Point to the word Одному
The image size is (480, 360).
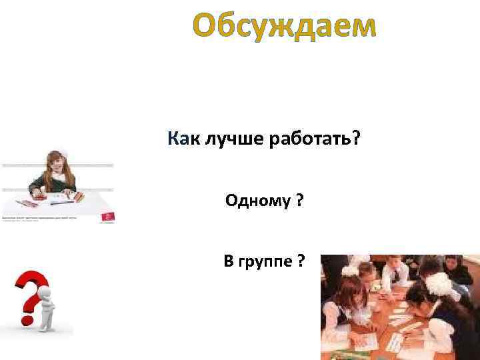256,201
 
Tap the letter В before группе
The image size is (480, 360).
229,261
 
